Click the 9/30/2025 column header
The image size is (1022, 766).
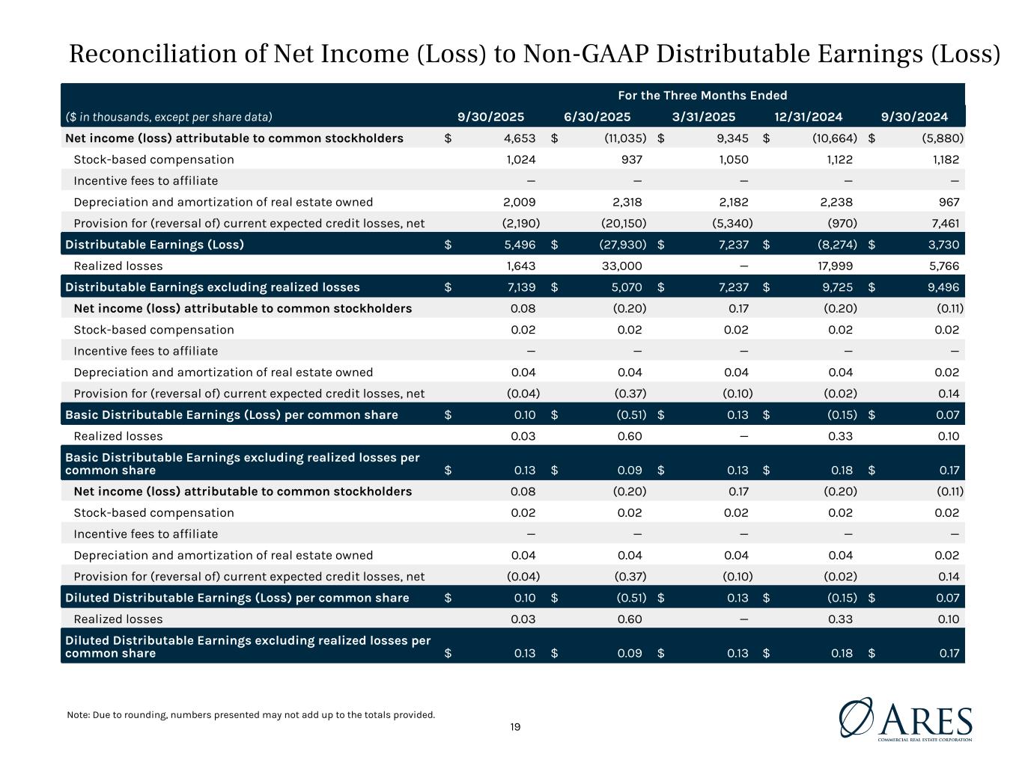pyautogui.click(x=490, y=117)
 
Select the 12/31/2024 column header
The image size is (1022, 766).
pyautogui.click(x=809, y=117)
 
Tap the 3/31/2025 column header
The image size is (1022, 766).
pyautogui.click(x=704, y=117)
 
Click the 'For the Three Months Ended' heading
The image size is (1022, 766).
pyautogui.click(x=702, y=95)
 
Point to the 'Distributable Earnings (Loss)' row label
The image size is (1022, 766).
pyautogui.click(x=154, y=245)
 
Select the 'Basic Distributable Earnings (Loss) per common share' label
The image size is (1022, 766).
pyautogui.click(x=231, y=415)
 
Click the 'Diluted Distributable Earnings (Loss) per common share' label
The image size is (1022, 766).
pyautogui.click(x=237, y=598)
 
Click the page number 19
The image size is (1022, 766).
pyautogui.click(x=515, y=727)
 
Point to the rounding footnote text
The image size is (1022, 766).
pyautogui.click(x=251, y=714)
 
